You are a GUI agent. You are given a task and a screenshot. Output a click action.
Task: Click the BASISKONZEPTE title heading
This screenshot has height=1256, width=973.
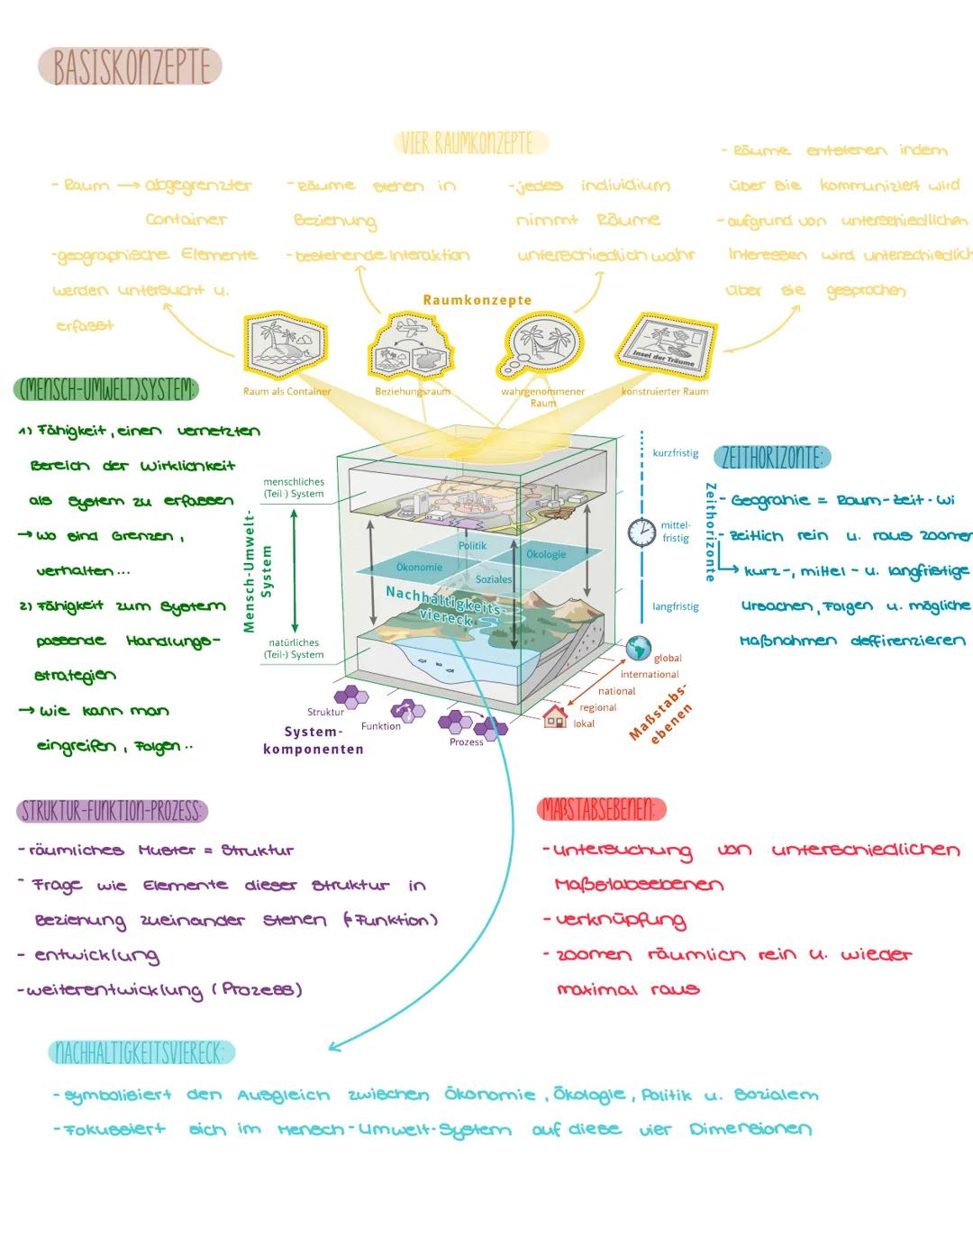[131, 68]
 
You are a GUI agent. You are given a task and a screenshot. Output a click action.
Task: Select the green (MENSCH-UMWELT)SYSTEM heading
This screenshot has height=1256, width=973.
[106, 389]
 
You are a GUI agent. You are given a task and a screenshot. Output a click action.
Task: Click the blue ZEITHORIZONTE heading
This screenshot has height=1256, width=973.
[771, 458]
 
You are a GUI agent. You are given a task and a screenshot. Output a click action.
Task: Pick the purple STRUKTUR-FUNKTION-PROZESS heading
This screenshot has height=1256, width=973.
[112, 811]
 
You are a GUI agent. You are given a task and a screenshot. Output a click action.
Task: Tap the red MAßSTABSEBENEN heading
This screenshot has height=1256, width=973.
[601, 809]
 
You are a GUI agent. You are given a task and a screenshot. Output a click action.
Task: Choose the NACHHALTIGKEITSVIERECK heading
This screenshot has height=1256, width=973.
[142, 1052]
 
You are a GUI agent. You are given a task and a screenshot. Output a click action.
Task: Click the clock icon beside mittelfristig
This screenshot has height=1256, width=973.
[642, 532]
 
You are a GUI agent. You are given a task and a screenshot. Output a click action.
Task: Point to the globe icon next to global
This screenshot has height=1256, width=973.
[639, 649]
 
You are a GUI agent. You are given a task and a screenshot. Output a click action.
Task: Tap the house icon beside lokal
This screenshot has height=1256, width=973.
[555, 717]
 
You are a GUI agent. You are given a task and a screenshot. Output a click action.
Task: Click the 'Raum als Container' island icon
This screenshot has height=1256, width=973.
[286, 347]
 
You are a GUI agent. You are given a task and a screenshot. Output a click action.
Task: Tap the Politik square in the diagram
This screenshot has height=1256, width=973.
[472, 546]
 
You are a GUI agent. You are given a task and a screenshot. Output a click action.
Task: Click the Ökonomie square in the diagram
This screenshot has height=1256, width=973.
[419, 568]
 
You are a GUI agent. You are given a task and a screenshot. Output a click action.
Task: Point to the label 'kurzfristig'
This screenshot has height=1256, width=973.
[675, 453]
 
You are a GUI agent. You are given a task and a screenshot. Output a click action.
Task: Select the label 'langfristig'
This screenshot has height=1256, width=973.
[675, 606]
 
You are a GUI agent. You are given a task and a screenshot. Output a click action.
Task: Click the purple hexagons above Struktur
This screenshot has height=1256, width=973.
[350, 696]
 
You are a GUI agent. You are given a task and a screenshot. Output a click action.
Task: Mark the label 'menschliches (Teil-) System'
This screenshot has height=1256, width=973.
[294, 487]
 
